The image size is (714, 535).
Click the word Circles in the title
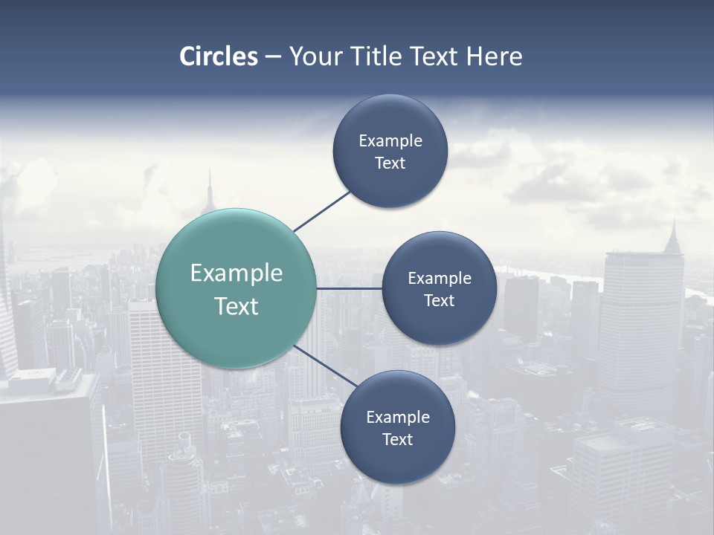(219, 56)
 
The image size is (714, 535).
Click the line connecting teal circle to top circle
(321, 211)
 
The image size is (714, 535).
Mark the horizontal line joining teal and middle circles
(349, 288)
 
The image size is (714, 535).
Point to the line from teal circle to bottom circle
(324, 365)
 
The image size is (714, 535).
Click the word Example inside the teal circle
(237, 273)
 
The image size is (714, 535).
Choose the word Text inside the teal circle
(237, 306)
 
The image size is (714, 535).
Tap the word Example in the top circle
(390, 141)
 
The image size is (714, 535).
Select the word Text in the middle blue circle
(440, 301)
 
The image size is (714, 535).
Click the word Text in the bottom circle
(397, 440)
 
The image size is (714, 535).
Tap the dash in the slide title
(273, 57)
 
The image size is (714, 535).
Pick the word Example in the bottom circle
(398, 418)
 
